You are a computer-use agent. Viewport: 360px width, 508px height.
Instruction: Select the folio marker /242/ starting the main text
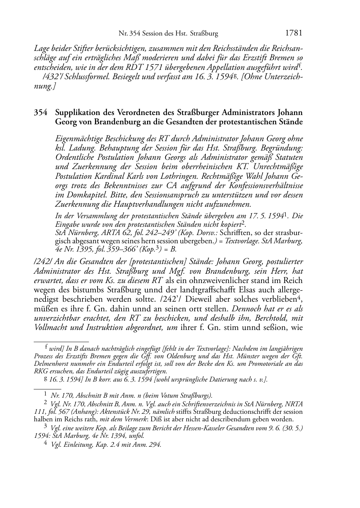tap(41, 262)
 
